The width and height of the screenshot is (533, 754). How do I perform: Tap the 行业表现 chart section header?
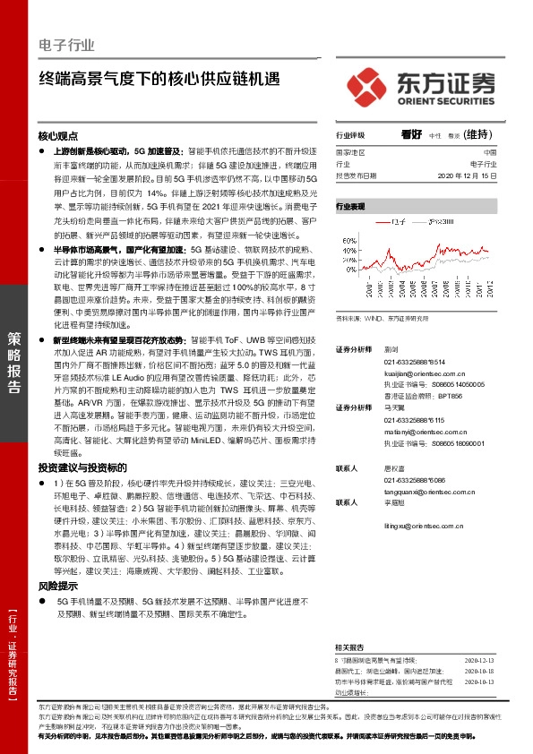click(350, 206)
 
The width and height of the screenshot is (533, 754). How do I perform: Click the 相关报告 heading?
click(350, 647)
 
